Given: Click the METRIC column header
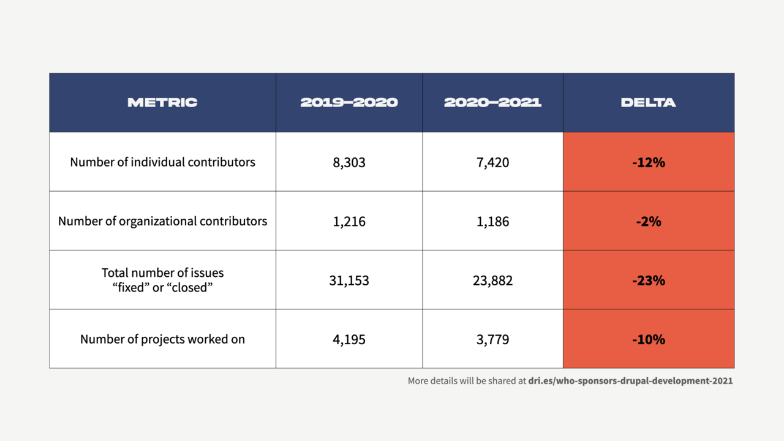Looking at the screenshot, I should pyautogui.click(x=162, y=102).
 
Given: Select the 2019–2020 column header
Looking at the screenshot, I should pyautogui.click(x=349, y=102).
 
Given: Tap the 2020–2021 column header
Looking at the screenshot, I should pyautogui.click(x=492, y=102).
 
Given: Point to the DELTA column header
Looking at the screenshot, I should pyautogui.click(x=648, y=102).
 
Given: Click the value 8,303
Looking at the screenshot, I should pyautogui.click(x=349, y=162).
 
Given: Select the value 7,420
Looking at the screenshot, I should pyautogui.click(x=492, y=162).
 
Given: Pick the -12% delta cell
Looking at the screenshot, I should pyautogui.click(x=648, y=162).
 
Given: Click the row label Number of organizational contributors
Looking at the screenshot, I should pyautogui.click(x=162, y=221).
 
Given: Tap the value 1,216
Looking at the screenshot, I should pyautogui.click(x=349, y=221).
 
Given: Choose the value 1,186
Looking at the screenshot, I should pyautogui.click(x=492, y=221).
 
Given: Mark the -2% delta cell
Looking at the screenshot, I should pyautogui.click(x=648, y=221).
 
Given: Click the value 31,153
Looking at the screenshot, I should pyautogui.click(x=349, y=281).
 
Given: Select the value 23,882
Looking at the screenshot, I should pyautogui.click(x=492, y=281).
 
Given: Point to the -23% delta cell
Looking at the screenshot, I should pyautogui.click(x=648, y=281).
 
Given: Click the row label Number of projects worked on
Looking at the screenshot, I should pyautogui.click(x=162, y=339).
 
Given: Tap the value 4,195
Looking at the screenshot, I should pyautogui.click(x=349, y=339).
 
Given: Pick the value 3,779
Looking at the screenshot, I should pyautogui.click(x=492, y=339).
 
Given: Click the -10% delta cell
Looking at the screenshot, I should pyautogui.click(x=648, y=339).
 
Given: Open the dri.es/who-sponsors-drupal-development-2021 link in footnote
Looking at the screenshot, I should pyautogui.click(x=630, y=381).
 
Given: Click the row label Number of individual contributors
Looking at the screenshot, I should pyautogui.click(x=162, y=162).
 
